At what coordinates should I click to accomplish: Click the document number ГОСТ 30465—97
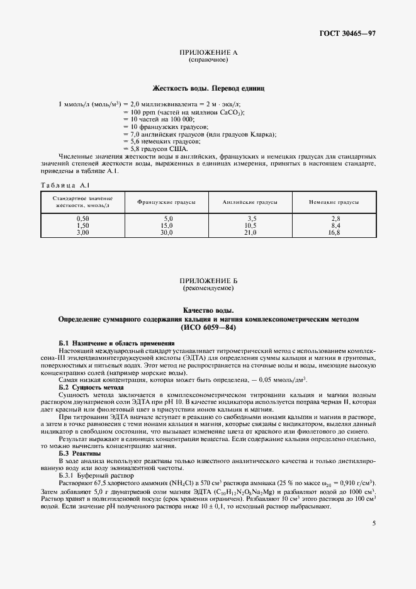pos(353,33)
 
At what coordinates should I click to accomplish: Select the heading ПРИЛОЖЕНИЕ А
pos(208,53)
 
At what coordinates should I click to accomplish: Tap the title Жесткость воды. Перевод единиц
pos(208,89)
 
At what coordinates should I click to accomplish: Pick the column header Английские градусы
pos(250,202)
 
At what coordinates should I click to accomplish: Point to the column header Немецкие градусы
pos(334,202)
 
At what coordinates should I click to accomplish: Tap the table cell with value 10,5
pos(250,225)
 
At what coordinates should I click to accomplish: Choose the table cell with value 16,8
pos(334,232)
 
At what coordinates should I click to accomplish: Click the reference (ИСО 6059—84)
pos(208,327)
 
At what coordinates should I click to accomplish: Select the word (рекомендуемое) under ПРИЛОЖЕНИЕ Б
pos(208,288)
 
